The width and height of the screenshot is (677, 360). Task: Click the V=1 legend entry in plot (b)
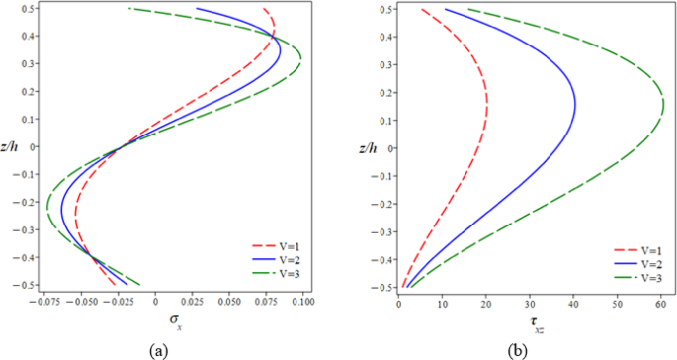635,251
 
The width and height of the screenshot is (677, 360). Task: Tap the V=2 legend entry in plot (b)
635,264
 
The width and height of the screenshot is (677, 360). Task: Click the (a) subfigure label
157,350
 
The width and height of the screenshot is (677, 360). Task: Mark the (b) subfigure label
517,350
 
